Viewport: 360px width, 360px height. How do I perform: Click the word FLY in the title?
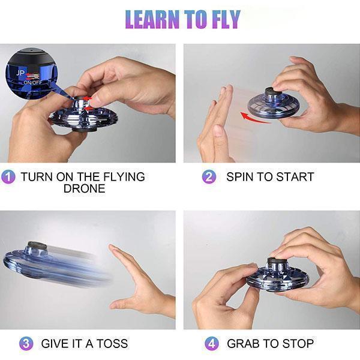point(226,19)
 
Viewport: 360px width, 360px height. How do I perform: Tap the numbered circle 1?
point(8,177)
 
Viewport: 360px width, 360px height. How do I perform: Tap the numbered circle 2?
point(209,177)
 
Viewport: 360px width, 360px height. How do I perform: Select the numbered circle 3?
point(26,344)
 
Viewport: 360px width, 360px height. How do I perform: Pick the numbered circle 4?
point(212,344)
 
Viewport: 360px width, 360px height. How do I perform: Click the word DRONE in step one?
point(84,188)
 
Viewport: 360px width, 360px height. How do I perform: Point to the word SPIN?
point(239,177)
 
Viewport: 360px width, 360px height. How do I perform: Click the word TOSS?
point(112,344)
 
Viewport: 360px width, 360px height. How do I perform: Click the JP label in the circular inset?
point(20,73)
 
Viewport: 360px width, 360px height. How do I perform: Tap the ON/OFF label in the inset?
point(33,83)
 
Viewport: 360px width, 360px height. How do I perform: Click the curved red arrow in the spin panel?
point(254,118)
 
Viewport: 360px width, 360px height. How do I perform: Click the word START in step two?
point(295,177)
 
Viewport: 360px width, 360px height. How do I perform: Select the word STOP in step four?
point(298,344)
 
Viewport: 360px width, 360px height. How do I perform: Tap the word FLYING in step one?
point(124,177)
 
